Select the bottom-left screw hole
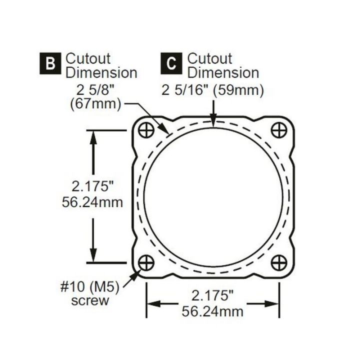(x=146, y=261)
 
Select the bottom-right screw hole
(x=278, y=261)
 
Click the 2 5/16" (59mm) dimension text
(x=212, y=90)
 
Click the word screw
(x=90, y=301)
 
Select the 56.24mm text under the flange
(x=212, y=312)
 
